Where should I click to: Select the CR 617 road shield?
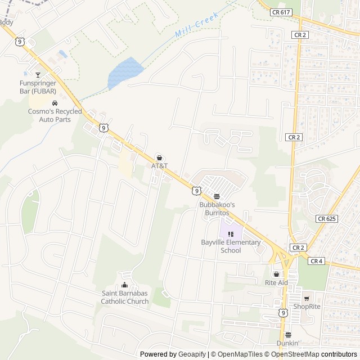280,12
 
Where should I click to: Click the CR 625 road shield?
326,219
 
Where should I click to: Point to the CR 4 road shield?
316,261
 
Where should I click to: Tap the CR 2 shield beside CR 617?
299,34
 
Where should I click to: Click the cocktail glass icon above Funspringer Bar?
38,74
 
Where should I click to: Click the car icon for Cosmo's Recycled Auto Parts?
55,103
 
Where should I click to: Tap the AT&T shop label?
159,166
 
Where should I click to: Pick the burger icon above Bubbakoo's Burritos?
217,197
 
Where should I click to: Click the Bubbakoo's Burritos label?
217,209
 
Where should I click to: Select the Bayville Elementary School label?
231,246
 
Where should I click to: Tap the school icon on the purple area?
231,234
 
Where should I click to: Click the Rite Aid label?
276,282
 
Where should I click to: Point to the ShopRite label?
307,307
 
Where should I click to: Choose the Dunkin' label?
287,343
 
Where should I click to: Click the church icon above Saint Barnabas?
125,285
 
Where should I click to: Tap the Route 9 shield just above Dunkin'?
283,312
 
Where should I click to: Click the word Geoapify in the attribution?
192,354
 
